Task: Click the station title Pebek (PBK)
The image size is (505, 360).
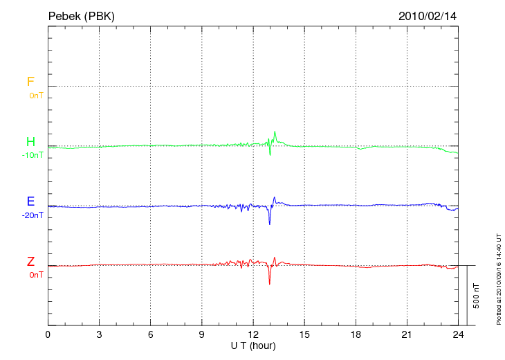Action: click(82, 15)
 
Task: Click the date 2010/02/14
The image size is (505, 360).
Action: click(427, 15)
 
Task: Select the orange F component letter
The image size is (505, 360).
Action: click(30, 82)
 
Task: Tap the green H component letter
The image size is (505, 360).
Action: click(30, 142)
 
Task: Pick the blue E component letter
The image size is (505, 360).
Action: click(30, 202)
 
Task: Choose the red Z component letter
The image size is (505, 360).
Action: click(30, 262)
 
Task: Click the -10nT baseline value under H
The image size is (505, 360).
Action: click(32, 155)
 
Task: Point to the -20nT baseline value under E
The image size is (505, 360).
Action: click(32, 215)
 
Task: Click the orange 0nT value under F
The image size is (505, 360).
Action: click(35, 96)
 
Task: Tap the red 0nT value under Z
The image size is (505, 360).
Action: click(35, 275)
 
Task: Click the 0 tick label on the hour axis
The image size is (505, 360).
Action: click(48, 334)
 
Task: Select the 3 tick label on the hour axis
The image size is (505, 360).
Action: click(99, 334)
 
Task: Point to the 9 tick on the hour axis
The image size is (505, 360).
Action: click(202, 334)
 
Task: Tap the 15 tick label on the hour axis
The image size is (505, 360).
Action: click(304, 334)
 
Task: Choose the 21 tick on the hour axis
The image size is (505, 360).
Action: click(407, 334)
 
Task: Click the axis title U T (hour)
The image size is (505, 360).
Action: click(253, 345)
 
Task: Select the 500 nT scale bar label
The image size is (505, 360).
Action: click(477, 296)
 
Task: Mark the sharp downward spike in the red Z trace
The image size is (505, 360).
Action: click(270, 283)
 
